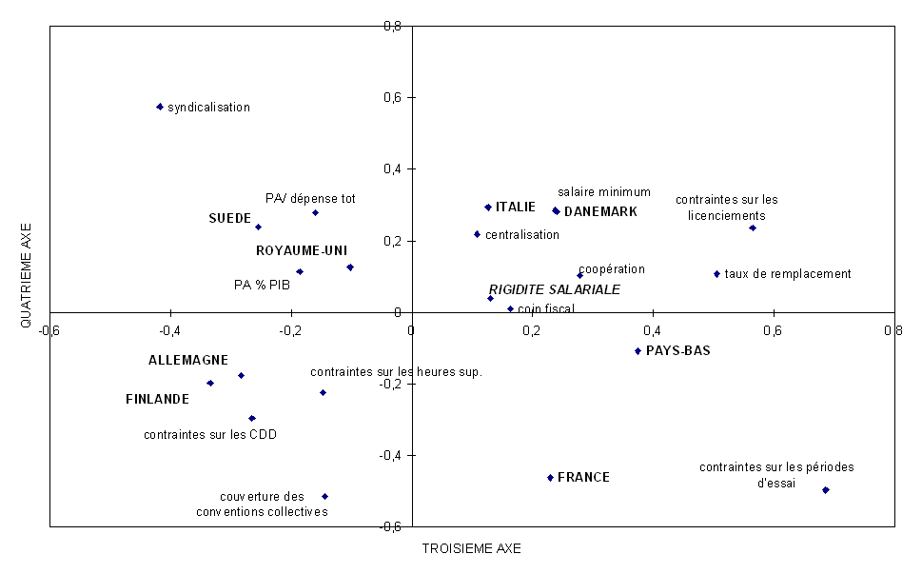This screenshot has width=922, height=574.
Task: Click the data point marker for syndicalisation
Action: (x=160, y=107)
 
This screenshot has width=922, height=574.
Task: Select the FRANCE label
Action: (x=583, y=477)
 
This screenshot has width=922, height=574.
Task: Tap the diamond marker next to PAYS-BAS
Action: (x=638, y=351)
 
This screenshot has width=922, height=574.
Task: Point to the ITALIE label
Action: (x=516, y=207)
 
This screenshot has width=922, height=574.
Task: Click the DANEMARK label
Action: (x=600, y=211)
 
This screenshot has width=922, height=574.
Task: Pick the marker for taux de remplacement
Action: (x=716, y=274)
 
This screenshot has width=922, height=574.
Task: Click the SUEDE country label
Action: (x=229, y=218)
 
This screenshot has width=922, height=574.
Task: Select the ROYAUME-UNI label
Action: (x=302, y=250)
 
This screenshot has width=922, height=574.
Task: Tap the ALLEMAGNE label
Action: (x=187, y=360)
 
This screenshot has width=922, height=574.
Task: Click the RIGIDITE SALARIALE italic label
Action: (x=555, y=289)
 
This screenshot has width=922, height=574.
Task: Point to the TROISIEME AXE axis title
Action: (x=471, y=548)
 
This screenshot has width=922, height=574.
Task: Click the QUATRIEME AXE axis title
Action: (x=27, y=276)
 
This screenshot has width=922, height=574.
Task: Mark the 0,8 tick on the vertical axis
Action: (x=391, y=26)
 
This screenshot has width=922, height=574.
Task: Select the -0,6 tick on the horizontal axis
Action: (x=49, y=330)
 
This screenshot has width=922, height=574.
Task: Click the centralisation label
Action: (x=522, y=234)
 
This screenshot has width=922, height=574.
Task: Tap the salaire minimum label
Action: (x=604, y=191)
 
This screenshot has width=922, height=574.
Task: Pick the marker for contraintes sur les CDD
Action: (x=252, y=418)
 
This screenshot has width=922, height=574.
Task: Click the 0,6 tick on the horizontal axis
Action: (x=772, y=330)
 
